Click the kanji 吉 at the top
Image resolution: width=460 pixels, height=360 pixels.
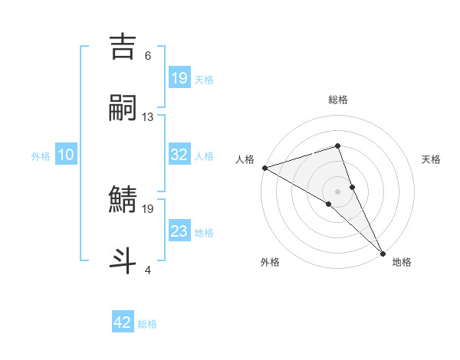[124, 47]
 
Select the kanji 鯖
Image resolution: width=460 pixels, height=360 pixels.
[124, 200]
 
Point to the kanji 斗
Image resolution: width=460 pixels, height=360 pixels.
[124, 260]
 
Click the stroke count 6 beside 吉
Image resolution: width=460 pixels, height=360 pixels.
[148, 56]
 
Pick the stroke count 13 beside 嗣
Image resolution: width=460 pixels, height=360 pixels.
[148, 117]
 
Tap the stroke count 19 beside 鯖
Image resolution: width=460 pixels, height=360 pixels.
[148, 208]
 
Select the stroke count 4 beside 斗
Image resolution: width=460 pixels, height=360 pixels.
[148, 270]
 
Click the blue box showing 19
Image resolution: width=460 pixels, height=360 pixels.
[179, 78]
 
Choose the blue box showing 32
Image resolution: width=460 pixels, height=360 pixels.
[179, 155]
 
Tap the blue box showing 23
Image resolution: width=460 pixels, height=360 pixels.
[179, 231]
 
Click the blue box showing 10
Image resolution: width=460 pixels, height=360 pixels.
[66, 155]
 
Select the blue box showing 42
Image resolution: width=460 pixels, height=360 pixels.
[123, 322]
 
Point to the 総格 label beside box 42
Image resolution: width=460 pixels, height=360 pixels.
[147, 324]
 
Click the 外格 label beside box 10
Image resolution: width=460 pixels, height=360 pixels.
[41, 156]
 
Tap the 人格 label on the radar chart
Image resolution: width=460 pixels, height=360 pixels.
[245, 159]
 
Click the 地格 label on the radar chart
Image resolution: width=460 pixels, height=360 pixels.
[402, 262]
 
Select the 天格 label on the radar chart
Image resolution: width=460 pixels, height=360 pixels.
[432, 159]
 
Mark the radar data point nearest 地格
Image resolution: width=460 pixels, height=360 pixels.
[383, 252]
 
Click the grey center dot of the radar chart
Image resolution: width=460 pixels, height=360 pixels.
[338, 191]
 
